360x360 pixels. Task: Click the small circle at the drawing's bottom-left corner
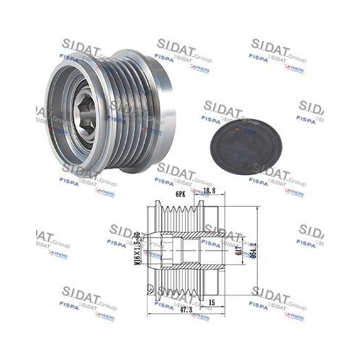coord(150,291)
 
